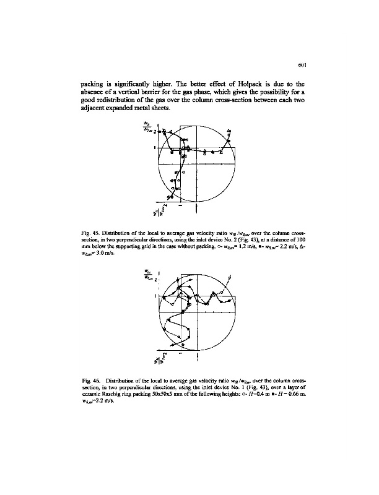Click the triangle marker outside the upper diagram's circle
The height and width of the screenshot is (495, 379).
click(x=230, y=131)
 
